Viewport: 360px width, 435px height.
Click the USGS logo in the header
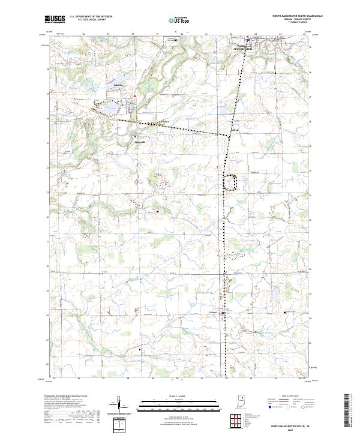point(55,19)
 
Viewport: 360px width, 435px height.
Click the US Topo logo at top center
point(178,20)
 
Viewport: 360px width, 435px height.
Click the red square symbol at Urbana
point(224,313)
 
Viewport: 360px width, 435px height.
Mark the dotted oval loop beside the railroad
point(230,181)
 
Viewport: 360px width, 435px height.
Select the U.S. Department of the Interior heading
point(91,17)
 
